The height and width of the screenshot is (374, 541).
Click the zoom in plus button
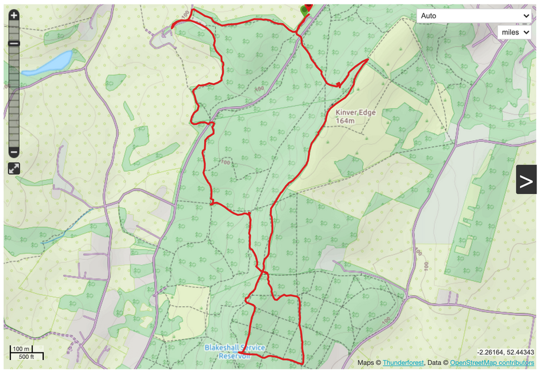point(14,16)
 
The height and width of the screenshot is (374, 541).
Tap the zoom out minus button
point(14,153)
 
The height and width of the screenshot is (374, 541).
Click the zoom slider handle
point(14,43)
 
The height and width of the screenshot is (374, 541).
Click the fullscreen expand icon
point(14,168)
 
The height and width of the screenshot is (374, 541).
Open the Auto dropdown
point(474,16)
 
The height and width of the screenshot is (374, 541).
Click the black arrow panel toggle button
point(526,181)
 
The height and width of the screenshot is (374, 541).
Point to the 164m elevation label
point(345,121)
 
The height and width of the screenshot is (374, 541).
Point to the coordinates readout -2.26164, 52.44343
point(502,352)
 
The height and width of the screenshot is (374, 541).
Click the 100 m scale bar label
point(21,349)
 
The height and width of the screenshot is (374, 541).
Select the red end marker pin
point(309,7)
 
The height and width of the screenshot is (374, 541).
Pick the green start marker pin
point(304,10)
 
